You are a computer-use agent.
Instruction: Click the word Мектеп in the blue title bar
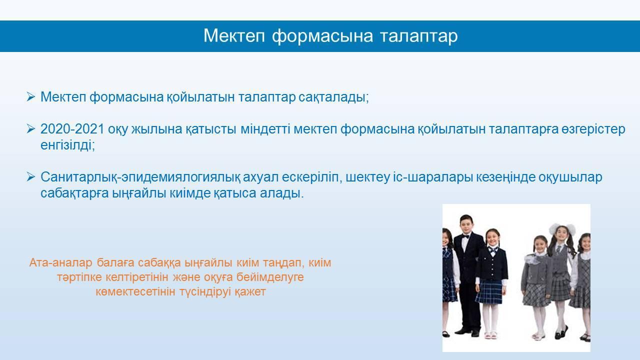pos(234,36)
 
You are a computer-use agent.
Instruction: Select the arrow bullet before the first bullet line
pos(31,96)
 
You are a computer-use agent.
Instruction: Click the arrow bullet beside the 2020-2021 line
pos(31,129)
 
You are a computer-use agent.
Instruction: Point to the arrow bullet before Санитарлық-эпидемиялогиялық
pos(31,177)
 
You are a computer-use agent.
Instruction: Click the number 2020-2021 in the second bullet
pos(72,129)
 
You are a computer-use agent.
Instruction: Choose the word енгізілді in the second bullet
pos(67,145)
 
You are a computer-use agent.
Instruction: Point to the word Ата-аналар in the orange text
pos(60,262)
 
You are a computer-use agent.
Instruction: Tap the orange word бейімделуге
pos(270,277)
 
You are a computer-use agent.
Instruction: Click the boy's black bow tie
pos(466,236)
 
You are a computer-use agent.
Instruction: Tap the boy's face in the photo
pos(466,225)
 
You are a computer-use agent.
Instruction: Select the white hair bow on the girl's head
pos(562,228)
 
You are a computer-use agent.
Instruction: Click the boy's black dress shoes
pos(467,331)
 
